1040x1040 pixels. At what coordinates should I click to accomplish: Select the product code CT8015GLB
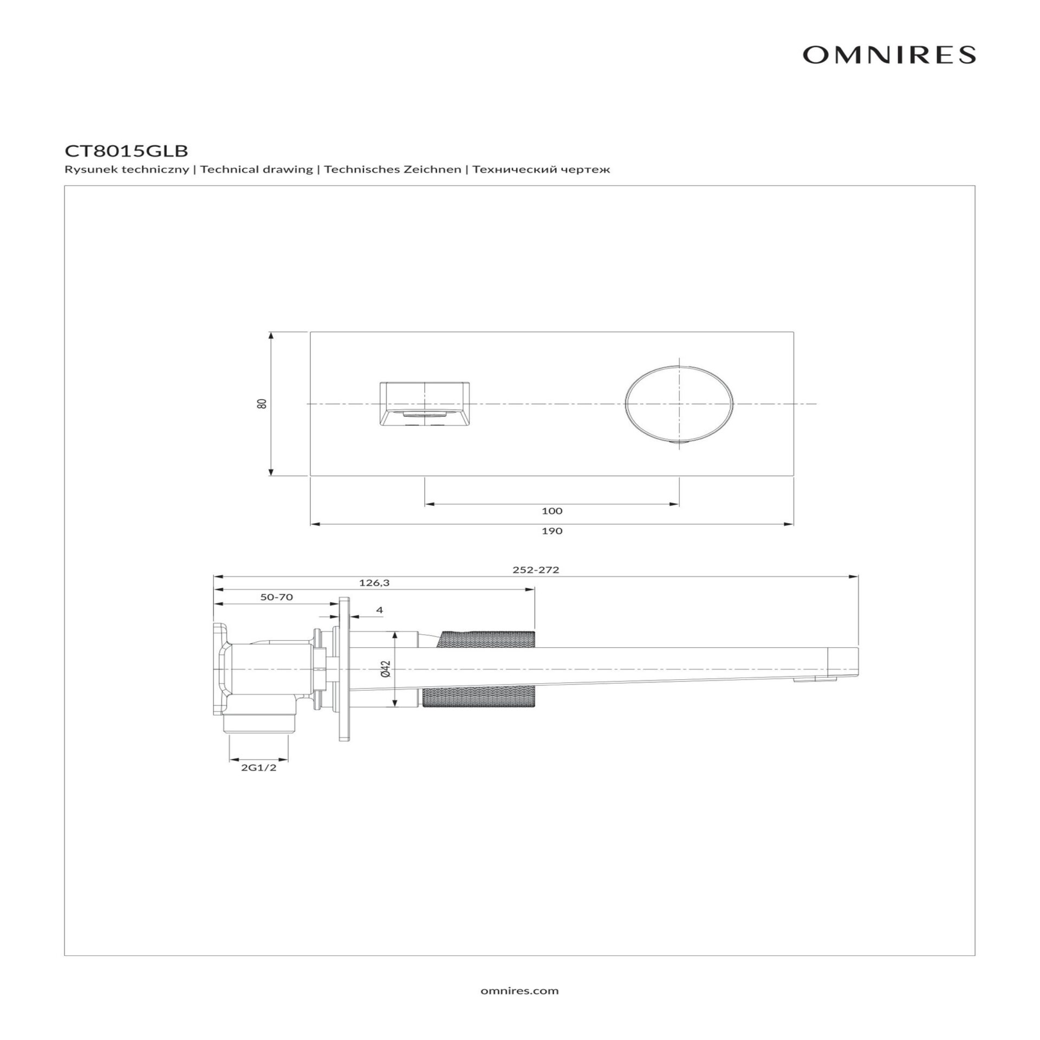tap(126, 151)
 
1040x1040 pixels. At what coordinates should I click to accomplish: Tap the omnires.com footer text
tap(519, 991)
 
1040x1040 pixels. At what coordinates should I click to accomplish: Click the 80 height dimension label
tap(262, 404)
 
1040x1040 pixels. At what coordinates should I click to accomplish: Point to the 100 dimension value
tap(552, 511)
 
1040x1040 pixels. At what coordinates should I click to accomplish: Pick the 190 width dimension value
tap(552, 531)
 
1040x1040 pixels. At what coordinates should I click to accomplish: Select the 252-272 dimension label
tap(536, 570)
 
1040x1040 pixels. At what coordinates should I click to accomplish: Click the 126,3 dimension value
tap(374, 583)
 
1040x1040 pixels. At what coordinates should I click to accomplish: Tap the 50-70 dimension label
tap(276, 597)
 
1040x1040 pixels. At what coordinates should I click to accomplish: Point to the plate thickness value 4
tap(379, 610)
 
